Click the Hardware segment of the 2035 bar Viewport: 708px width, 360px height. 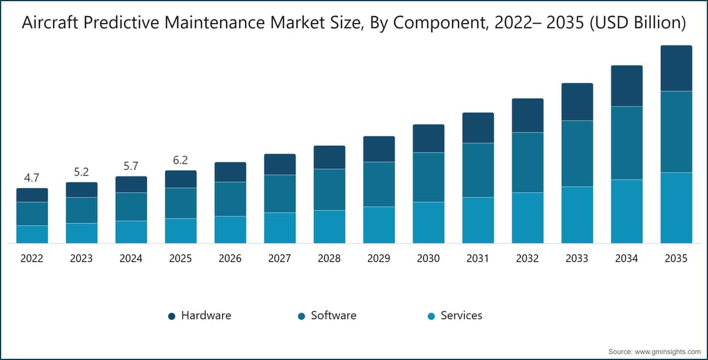click(x=676, y=68)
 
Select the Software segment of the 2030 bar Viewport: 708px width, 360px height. click(x=428, y=177)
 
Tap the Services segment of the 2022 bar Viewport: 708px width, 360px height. click(x=32, y=234)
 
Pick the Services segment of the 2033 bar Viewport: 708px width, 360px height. click(x=577, y=215)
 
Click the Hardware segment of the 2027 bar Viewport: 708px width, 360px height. click(x=280, y=164)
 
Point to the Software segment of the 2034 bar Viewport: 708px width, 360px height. click(x=627, y=143)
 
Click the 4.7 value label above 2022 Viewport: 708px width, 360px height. click(x=32, y=178)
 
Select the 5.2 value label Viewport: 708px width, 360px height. click(x=81, y=172)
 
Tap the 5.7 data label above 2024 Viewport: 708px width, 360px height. click(x=131, y=166)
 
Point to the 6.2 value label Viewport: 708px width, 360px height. click(x=181, y=160)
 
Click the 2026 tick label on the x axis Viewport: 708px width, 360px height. click(x=230, y=258)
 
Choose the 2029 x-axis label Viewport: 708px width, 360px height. click(x=379, y=258)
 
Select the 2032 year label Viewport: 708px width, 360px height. click(x=527, y=258)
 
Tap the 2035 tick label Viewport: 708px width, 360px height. click(x=676, y=258)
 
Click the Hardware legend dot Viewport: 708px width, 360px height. click(x=172, y=316)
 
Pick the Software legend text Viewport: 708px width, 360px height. click(x=333, y=316)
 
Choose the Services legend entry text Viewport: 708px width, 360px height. click(x=461, y=316)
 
